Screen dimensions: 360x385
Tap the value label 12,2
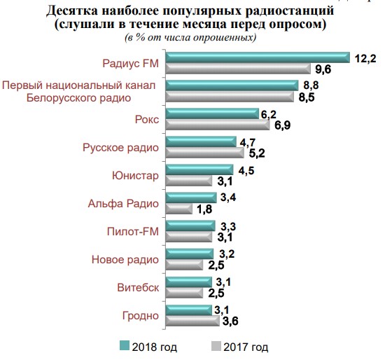(x=366, y=57)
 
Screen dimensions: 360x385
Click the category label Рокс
(x=147, y=120)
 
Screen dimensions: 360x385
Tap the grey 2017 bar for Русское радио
(x=203, y=152)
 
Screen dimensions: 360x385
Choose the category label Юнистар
(x=136, y=175)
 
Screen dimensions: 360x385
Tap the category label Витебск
(x=138, y=286)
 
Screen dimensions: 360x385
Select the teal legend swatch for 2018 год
(x=125, y=345)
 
